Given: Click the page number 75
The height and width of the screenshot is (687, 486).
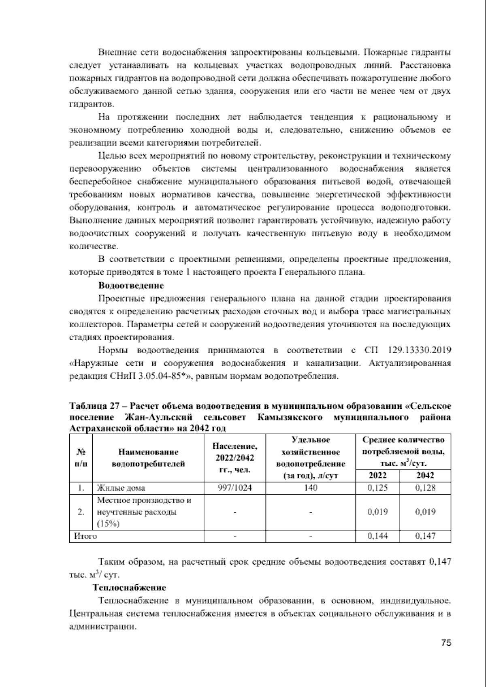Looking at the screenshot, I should (x=446, y=642).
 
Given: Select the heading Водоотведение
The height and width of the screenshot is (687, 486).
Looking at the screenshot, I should (x=131, y=286).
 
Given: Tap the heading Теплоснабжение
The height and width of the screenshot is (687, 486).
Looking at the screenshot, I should (x=129, y=587).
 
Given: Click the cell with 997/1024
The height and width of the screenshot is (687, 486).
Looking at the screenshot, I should (x=234, y=488).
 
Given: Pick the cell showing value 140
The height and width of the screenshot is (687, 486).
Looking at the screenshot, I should (x=310, y=488).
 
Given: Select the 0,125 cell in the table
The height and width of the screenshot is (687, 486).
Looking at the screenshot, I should (x=377, y=488).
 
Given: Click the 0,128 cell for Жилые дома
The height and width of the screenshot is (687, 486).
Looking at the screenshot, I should (x=425, y=488).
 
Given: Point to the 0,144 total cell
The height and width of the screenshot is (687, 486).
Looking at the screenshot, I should (x=377, y=536).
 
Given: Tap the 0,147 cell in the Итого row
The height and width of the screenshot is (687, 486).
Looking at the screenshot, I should (x=425, y=536).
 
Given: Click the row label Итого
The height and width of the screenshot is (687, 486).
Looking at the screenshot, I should (x=85, y=536).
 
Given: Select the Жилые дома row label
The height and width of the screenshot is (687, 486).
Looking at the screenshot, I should (x=121, y=488).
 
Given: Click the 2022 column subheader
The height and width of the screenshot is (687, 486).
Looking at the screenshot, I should (x=377, y=476).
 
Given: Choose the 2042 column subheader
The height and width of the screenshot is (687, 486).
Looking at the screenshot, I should (x=425, y=476).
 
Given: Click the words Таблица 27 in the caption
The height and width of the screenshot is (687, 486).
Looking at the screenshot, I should (x=93, y=406).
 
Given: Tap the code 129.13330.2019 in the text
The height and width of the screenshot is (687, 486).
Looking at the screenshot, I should (x=420, y=350).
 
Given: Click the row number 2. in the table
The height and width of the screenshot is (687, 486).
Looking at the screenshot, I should (x=81, y=512).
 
